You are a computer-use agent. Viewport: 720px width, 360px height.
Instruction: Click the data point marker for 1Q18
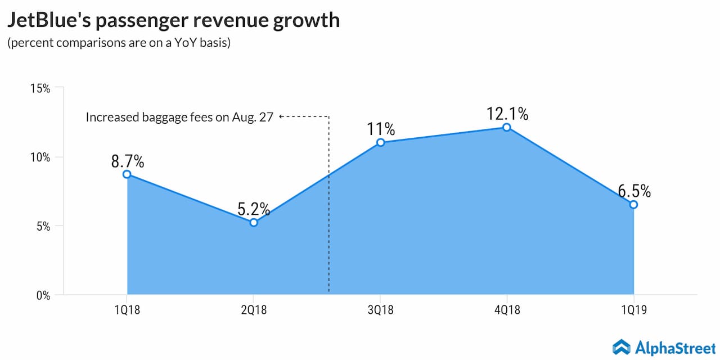(x=127, y=174)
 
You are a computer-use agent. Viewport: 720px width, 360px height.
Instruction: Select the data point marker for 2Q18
(x=254, y=223)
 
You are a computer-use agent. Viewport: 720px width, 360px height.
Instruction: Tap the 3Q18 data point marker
(x=380, y=142)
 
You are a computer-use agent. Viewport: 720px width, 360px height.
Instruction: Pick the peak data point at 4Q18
(x=507, y=127)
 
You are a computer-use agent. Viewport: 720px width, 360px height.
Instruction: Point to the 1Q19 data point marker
(x=633, y=205)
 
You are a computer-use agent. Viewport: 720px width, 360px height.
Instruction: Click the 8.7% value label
(x=128, y=162)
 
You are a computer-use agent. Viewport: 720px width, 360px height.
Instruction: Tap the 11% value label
(x=380, y=129)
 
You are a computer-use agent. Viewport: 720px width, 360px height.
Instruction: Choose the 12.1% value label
(x=507, y=114)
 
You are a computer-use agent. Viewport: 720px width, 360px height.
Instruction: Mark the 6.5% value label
(x=634, y=191)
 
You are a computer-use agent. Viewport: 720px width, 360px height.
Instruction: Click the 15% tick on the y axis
(x=40, y=88)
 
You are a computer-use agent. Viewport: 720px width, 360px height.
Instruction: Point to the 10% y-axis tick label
(x=40, y=157)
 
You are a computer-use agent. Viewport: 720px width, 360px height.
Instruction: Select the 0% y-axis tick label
(x=43, y=295)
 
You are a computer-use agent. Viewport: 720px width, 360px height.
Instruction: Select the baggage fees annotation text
(x=179, y=118)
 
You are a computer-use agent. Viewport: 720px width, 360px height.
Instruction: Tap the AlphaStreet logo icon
(x=621, y=347)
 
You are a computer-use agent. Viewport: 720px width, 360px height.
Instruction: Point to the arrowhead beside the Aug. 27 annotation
(x=281, y=117)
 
